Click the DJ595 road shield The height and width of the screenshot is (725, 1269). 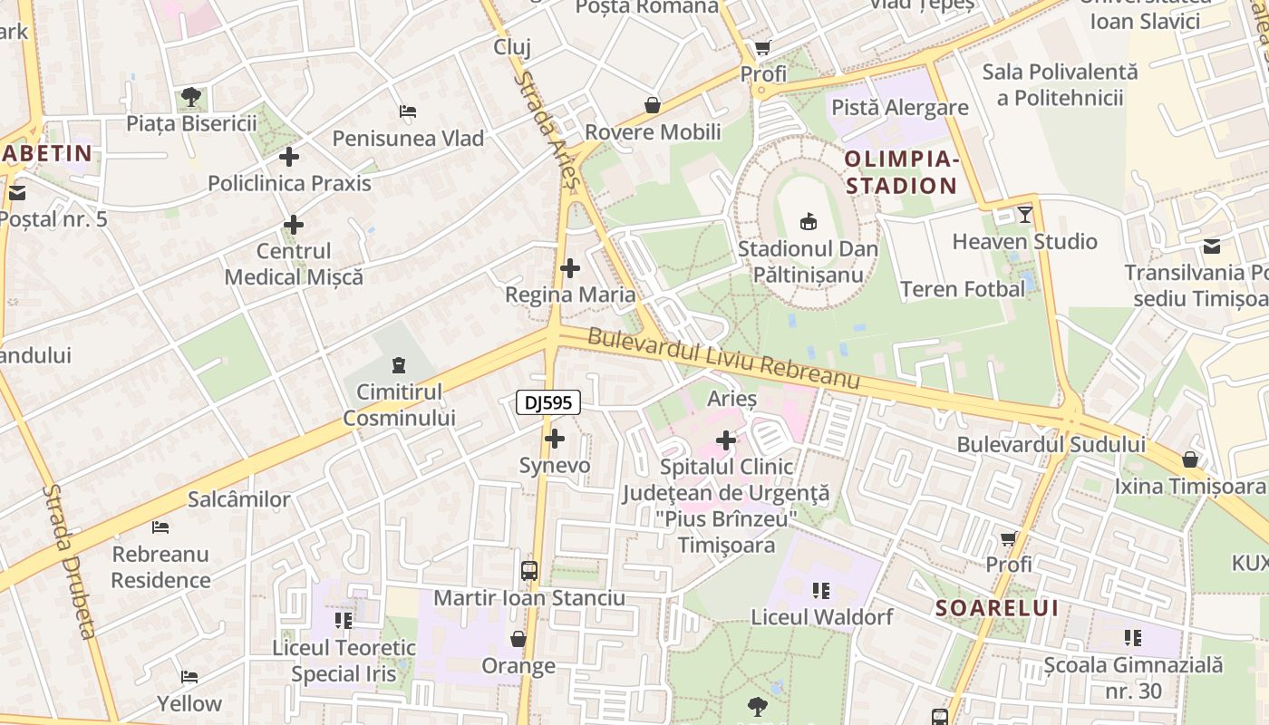pos(548,403)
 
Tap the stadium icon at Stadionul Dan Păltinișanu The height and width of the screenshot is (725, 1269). pos(808,221)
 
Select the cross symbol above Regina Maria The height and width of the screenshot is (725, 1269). pos(570,268)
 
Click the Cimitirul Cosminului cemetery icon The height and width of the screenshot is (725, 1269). pos(398,365)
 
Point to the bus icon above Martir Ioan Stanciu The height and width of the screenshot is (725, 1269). pos(529,571)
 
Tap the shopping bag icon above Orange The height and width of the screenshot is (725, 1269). pos(518,640)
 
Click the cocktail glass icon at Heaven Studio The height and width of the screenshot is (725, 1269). pos(1025,215)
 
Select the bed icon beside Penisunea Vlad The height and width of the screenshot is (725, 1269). pos(408,112)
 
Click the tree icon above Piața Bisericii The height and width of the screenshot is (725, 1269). pos(191,96)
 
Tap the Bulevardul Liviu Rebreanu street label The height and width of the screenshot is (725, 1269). pos(723,359)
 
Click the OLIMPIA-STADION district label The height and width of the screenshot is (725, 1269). pos(901,173)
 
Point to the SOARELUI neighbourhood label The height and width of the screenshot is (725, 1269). pos(997,608)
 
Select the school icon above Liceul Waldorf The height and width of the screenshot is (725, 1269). pos(822,591)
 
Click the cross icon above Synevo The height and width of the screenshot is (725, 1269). pos(555,440)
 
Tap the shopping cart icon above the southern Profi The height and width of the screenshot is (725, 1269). pos(1009,538)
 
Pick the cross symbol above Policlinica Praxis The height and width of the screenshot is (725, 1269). pos(289,157)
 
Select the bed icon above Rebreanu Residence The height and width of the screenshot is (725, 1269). pos(160,527)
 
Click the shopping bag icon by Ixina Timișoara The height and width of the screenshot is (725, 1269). pos(1190,459)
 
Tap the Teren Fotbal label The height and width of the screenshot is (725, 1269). pos(963,289)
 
